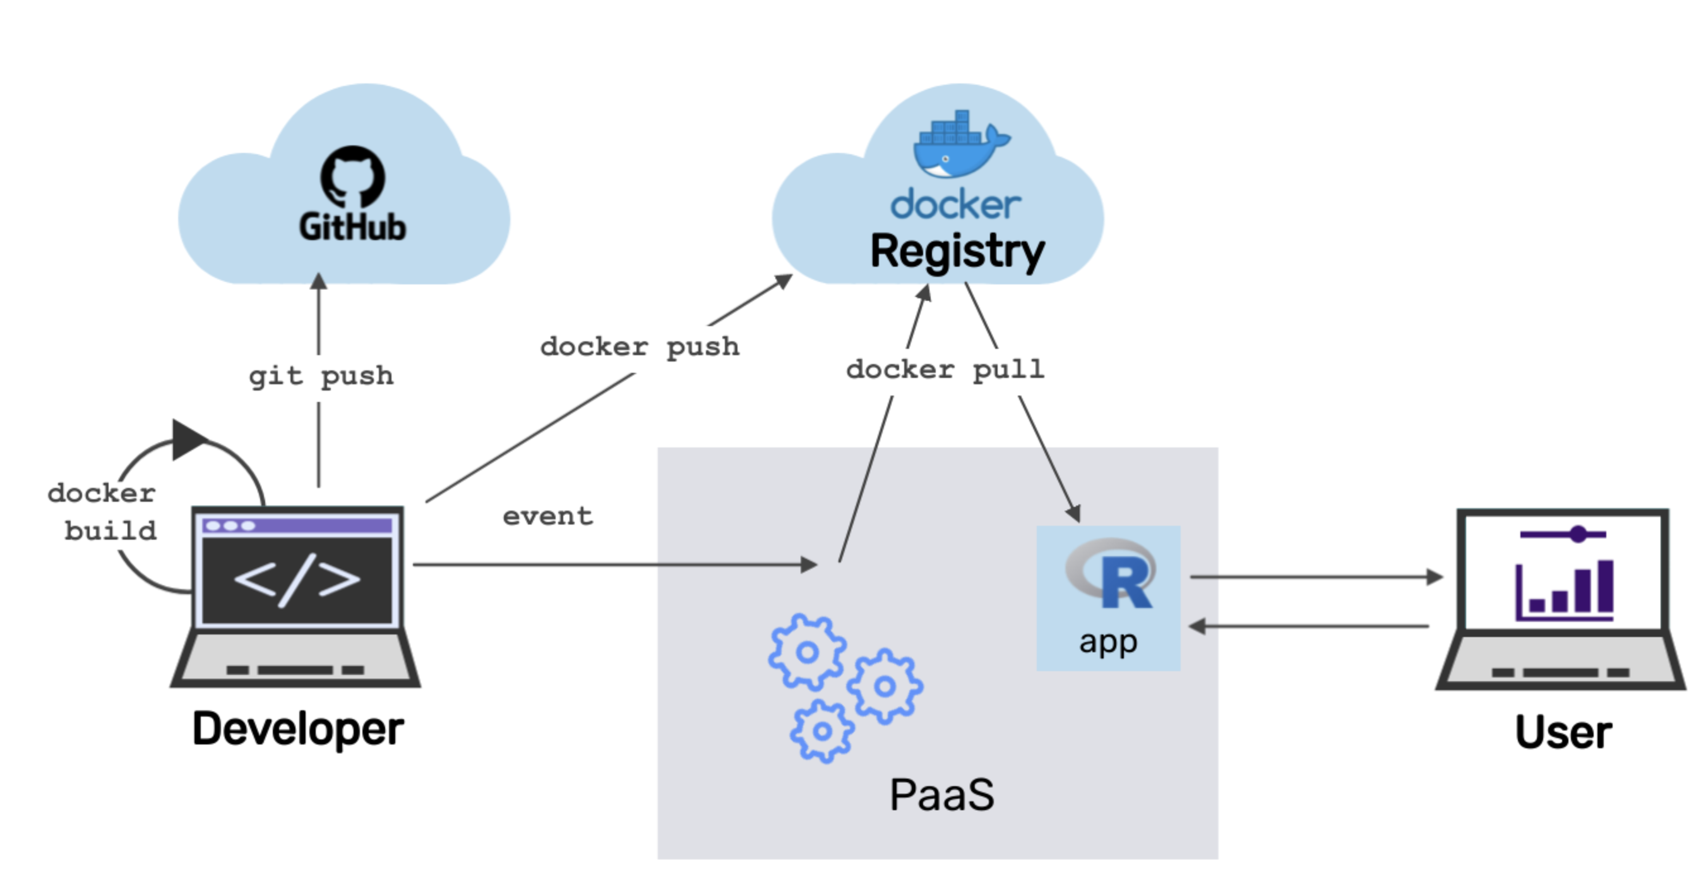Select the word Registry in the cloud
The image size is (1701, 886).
click(957, 252)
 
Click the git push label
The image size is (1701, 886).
click(321, 376)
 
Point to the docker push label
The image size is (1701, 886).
click(640, 347)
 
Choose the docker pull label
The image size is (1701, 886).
click(945, 369)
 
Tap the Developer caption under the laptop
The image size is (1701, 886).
click(298, 729)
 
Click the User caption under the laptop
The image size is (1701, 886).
click(1563, 732)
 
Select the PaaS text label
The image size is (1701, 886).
click(941, 795)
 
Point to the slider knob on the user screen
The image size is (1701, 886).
click(1578, 534)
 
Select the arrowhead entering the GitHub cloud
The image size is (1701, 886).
click(319, 281)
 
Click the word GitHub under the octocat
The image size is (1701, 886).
click(352, 228)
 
